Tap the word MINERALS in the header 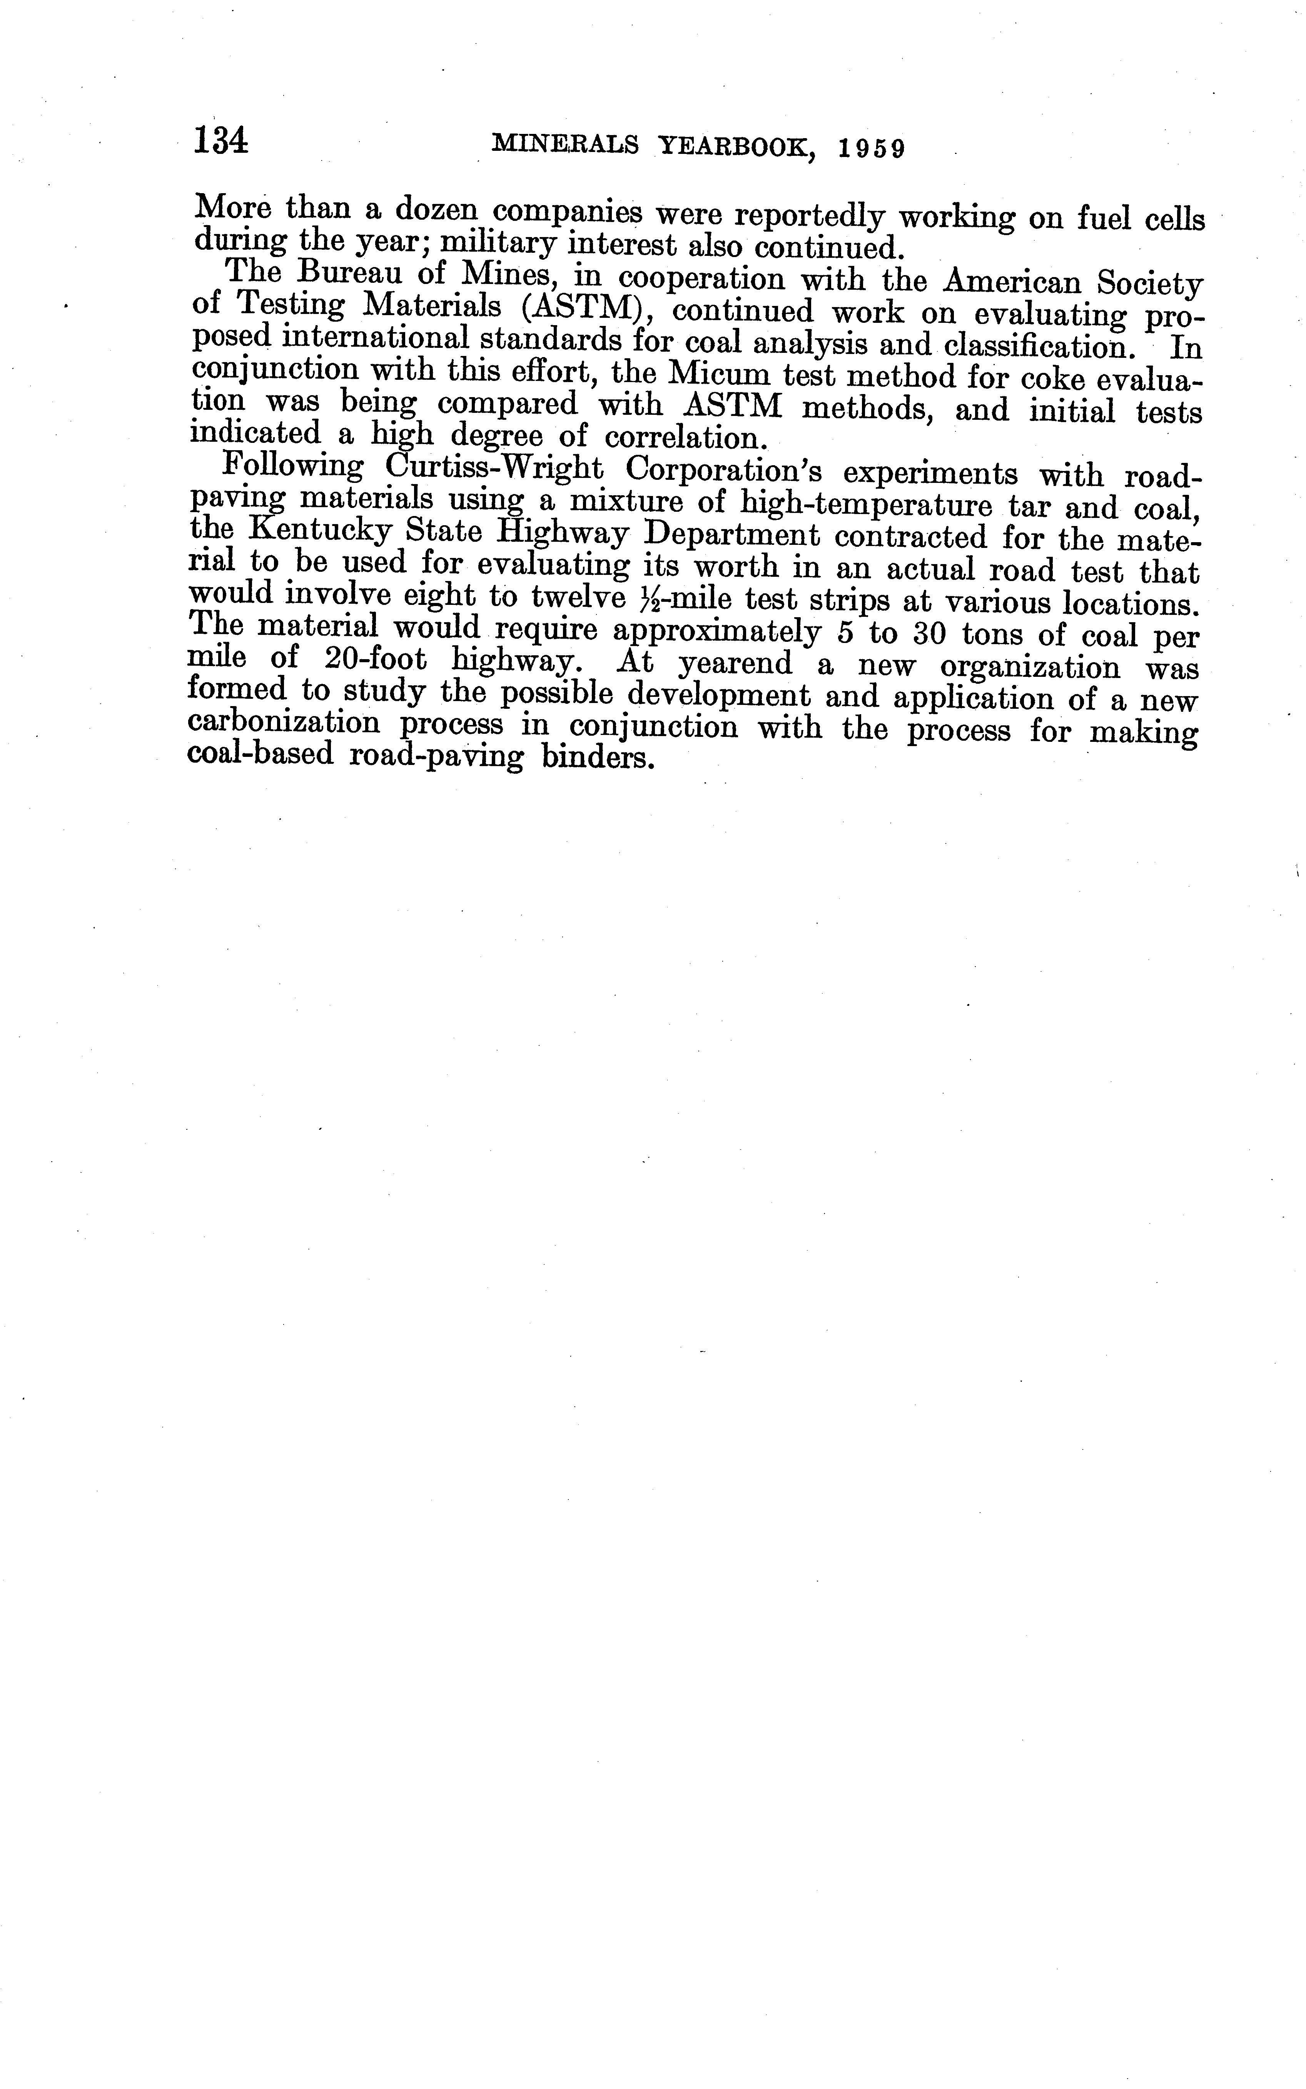pos(565,145)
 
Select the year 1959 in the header pos(872,149)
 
